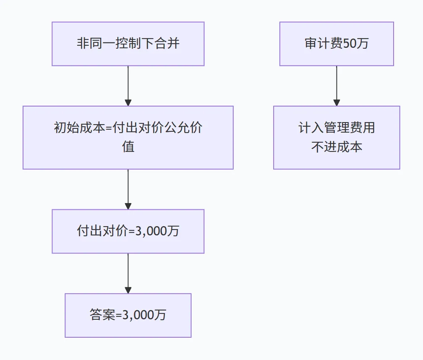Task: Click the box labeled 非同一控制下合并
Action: [x=128, y=44]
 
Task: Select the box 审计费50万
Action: [x=337, y=44]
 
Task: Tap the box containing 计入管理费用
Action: [x=337, y=137]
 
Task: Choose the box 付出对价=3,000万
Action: [x=128, y=231]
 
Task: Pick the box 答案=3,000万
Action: [x=128, y=315]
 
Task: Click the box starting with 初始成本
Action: [x=128, y=137]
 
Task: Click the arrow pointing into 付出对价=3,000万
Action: [x=128, y=189]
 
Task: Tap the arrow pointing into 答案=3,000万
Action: [x=128, y=273]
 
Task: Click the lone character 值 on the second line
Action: [x=128, y=147]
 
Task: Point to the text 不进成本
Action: [x=337, y=147]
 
